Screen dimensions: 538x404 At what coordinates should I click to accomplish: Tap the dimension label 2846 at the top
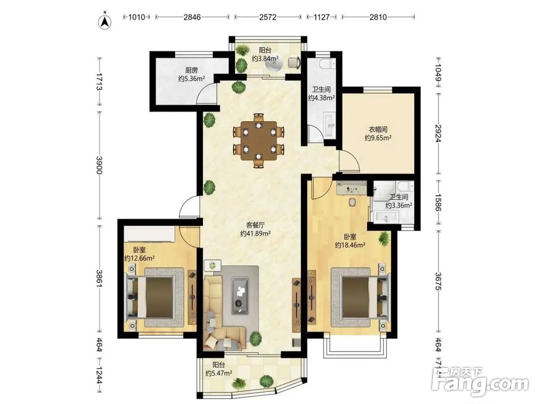tap(192, 17)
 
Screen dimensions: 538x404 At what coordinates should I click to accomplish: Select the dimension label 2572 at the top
tap(267, 17)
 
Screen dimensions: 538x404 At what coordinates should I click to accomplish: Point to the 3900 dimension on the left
tap(99, 165)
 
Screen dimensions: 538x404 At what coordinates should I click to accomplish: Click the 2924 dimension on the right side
tap(438, 134)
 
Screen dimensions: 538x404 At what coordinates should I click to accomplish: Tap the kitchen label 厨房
tap(192, 71)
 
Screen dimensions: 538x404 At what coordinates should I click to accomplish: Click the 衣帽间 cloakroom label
tap(378, 129)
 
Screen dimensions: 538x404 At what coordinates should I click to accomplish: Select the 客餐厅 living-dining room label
tap(256, 225)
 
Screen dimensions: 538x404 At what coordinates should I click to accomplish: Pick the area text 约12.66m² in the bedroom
tap(139, 257)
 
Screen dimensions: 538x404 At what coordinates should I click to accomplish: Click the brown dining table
tap(259, 141)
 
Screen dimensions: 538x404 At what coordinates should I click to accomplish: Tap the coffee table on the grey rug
tap(240, 295)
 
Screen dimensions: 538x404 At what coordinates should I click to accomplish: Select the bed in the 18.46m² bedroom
tap(360, 297)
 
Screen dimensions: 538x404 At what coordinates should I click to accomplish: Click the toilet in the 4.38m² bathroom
tap(327, 63)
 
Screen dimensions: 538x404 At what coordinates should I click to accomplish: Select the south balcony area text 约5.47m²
tap(219, 373)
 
